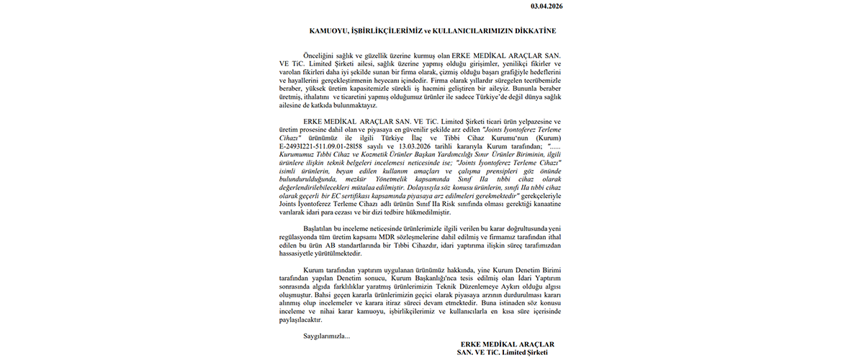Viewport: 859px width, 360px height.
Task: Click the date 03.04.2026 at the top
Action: coord(547,6)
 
